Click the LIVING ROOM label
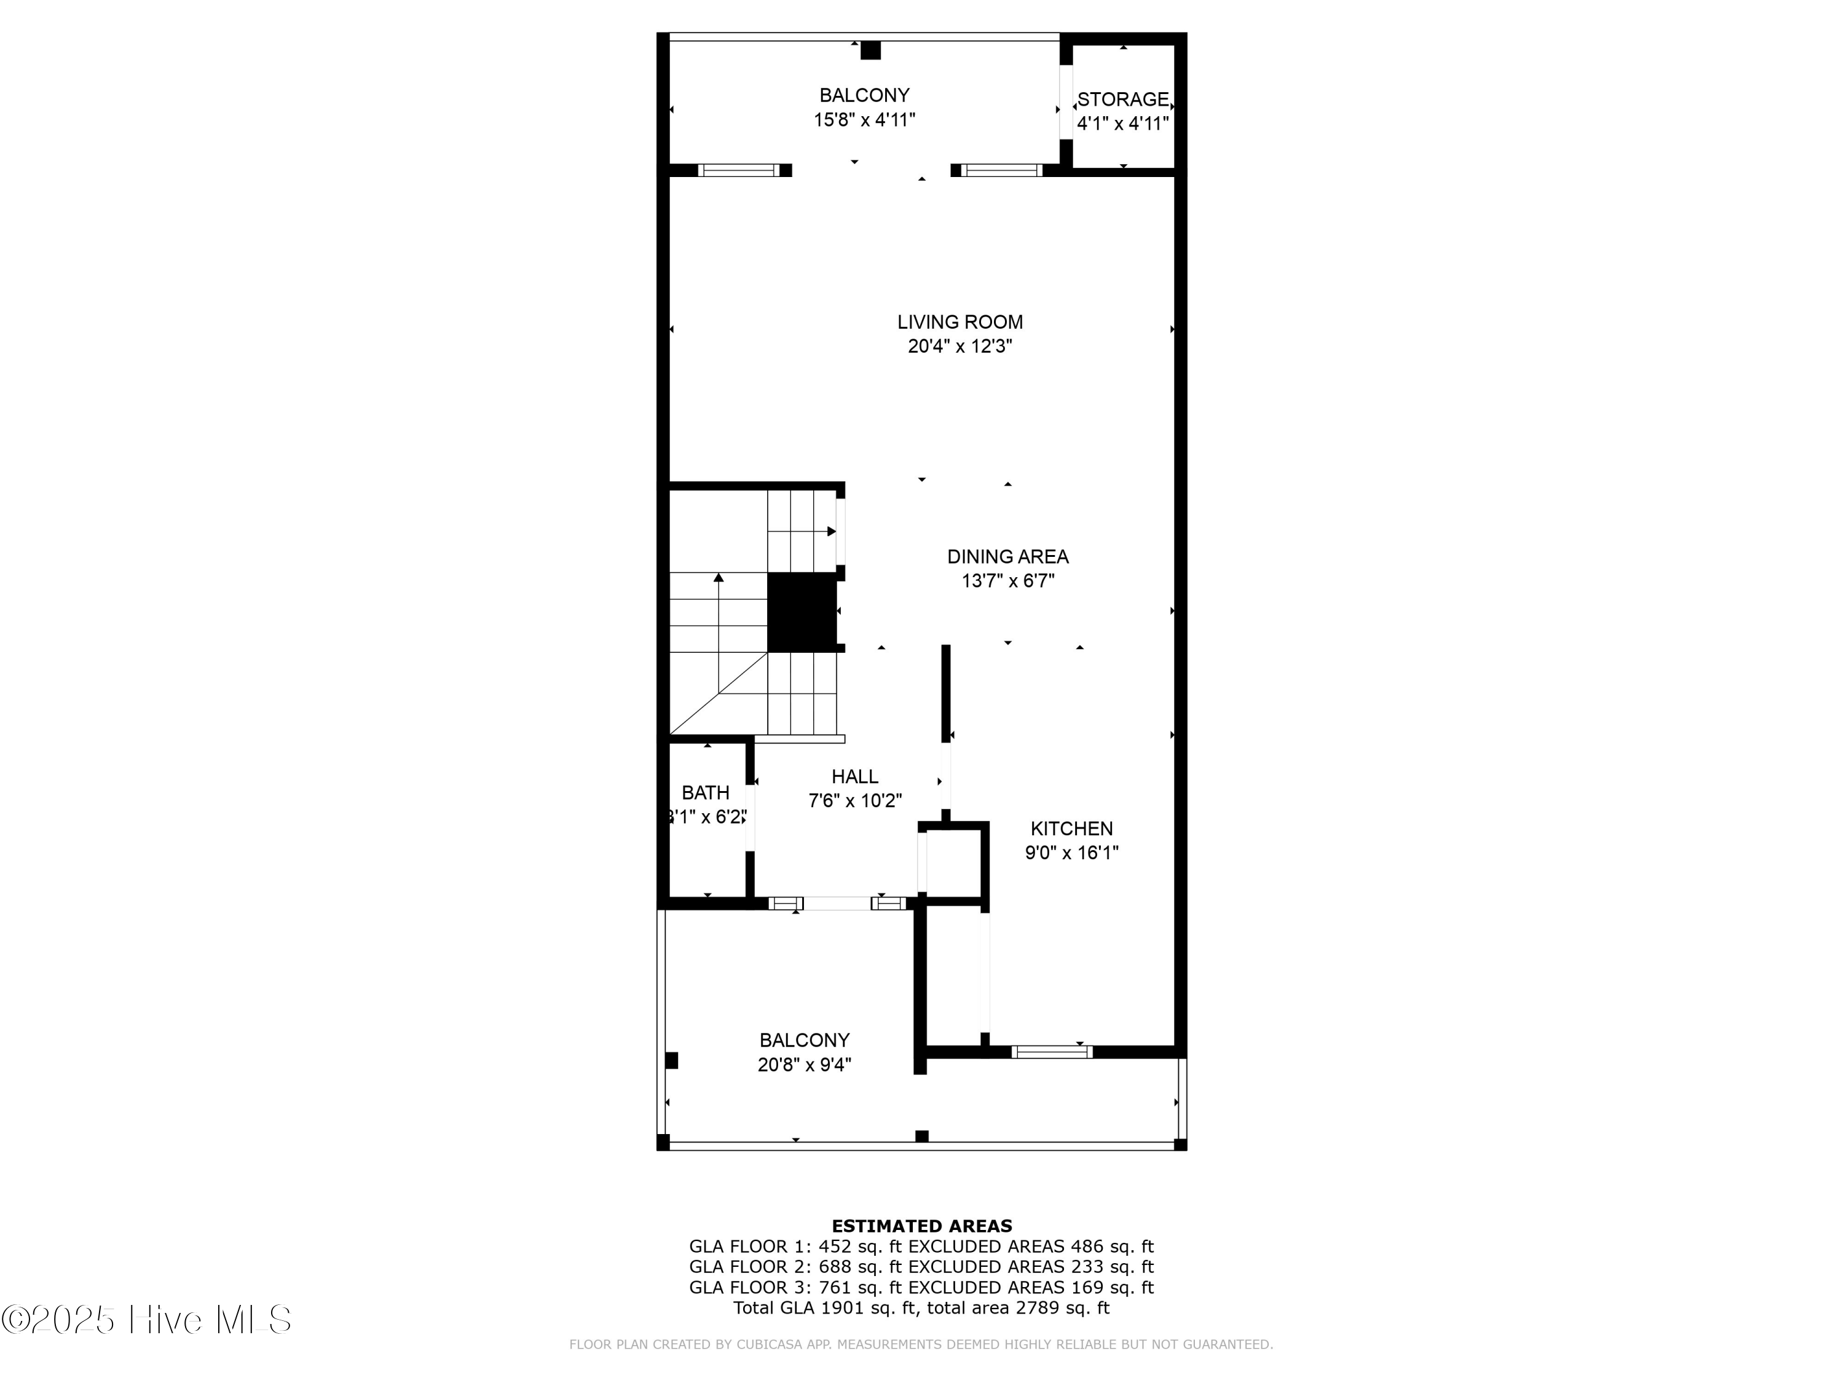959,322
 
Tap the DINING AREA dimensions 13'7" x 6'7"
1008,581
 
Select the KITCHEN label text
1071,828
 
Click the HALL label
854,776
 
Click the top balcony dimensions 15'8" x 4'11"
864,120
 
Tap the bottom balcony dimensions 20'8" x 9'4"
803,1065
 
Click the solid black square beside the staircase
801,612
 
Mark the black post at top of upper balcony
870,50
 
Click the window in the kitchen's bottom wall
1051,1052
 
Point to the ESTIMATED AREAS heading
921,1226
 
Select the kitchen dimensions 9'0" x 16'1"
1071,852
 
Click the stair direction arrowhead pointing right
831,531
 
